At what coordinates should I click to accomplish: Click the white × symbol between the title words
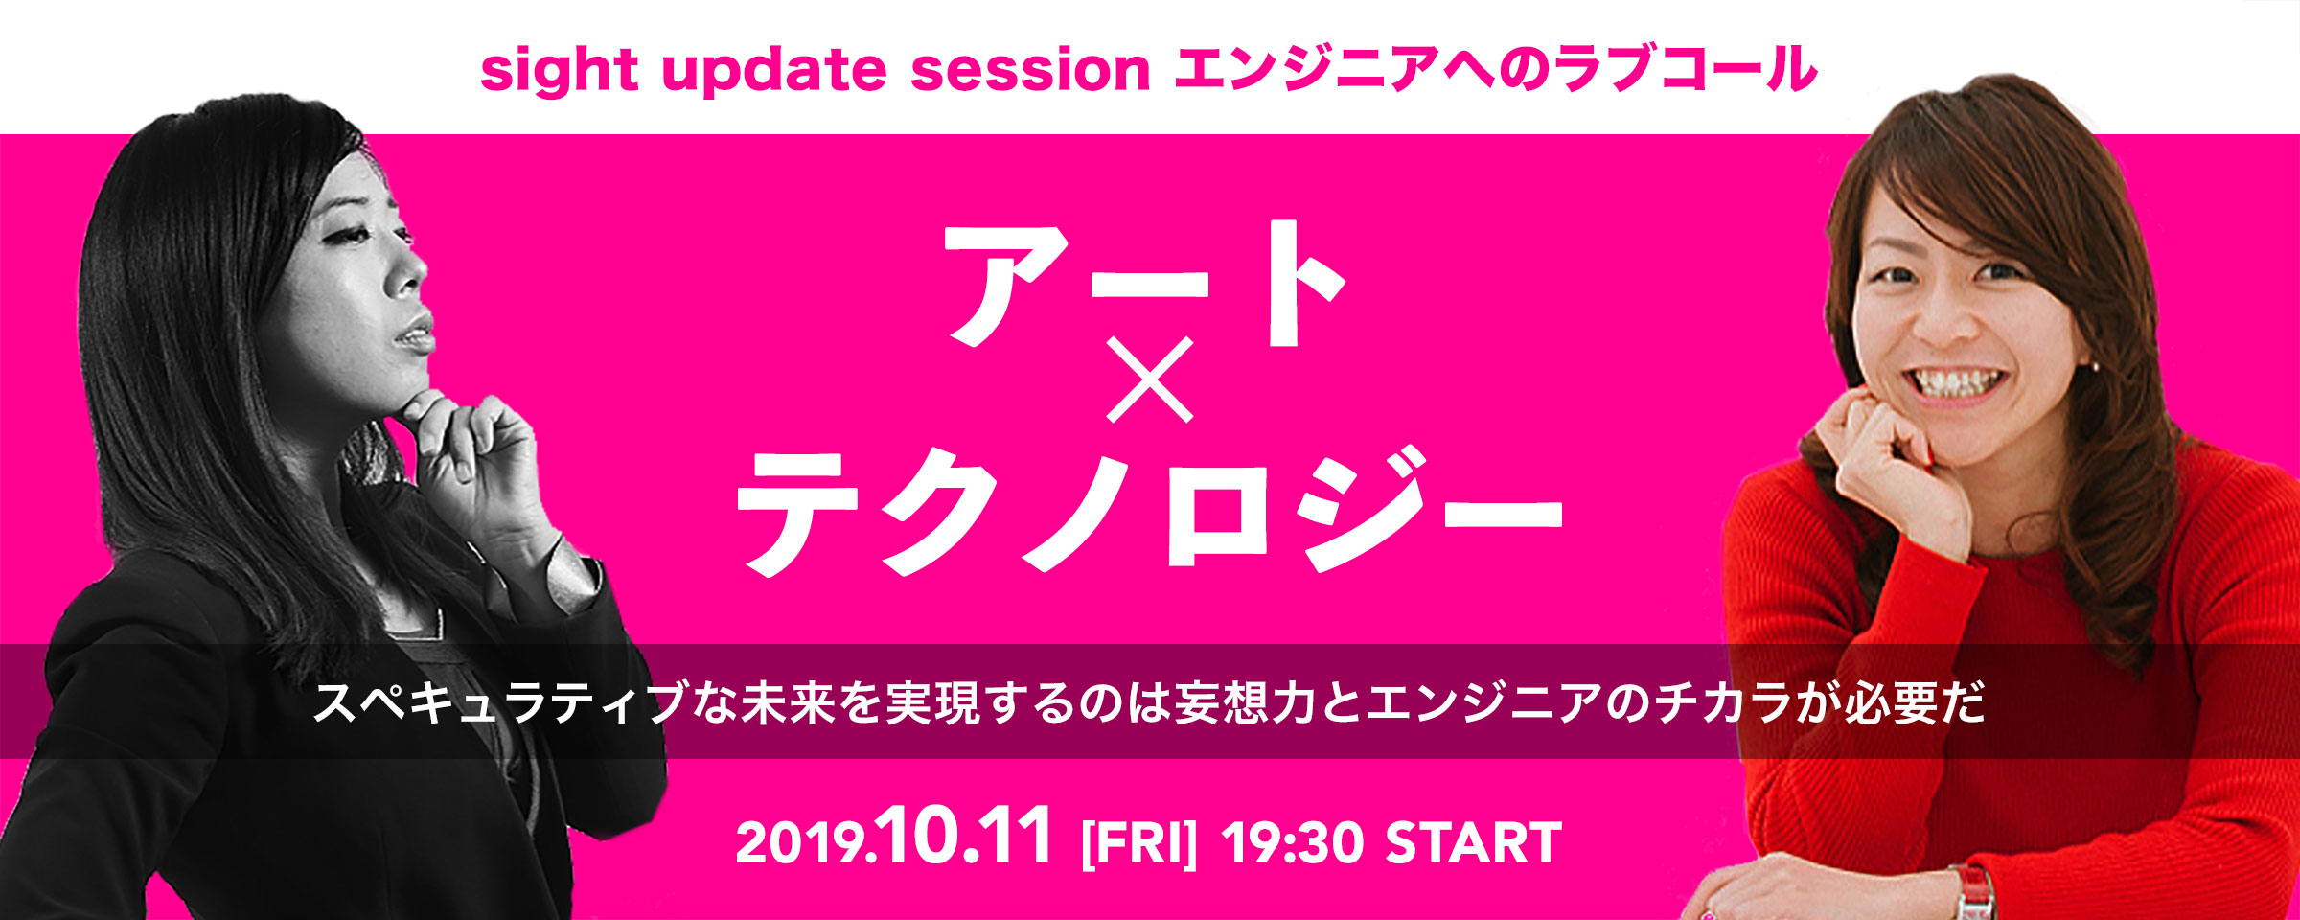tap(1150, 379)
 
